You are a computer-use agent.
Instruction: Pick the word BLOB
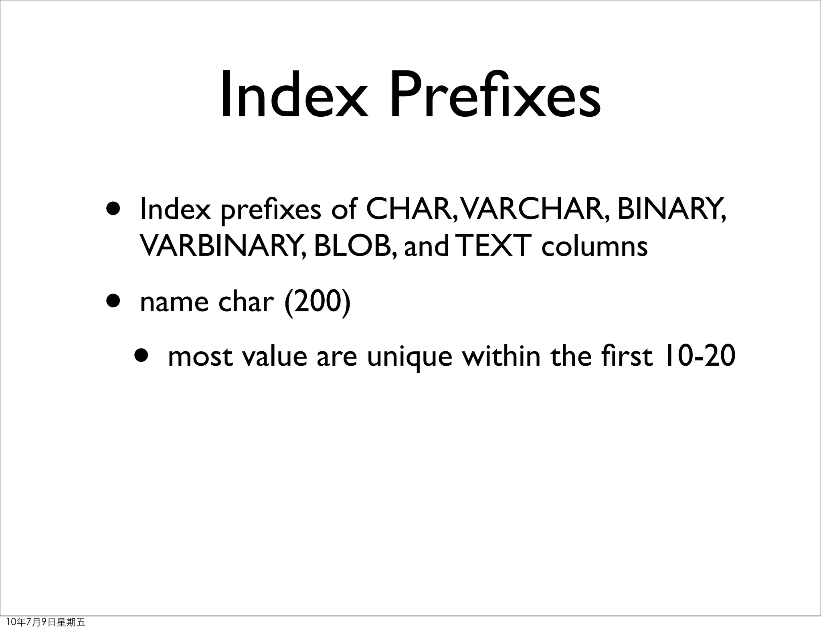point(355,245)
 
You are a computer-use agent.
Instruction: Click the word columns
point(594,246)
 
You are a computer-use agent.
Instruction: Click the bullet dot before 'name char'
point(113,301)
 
